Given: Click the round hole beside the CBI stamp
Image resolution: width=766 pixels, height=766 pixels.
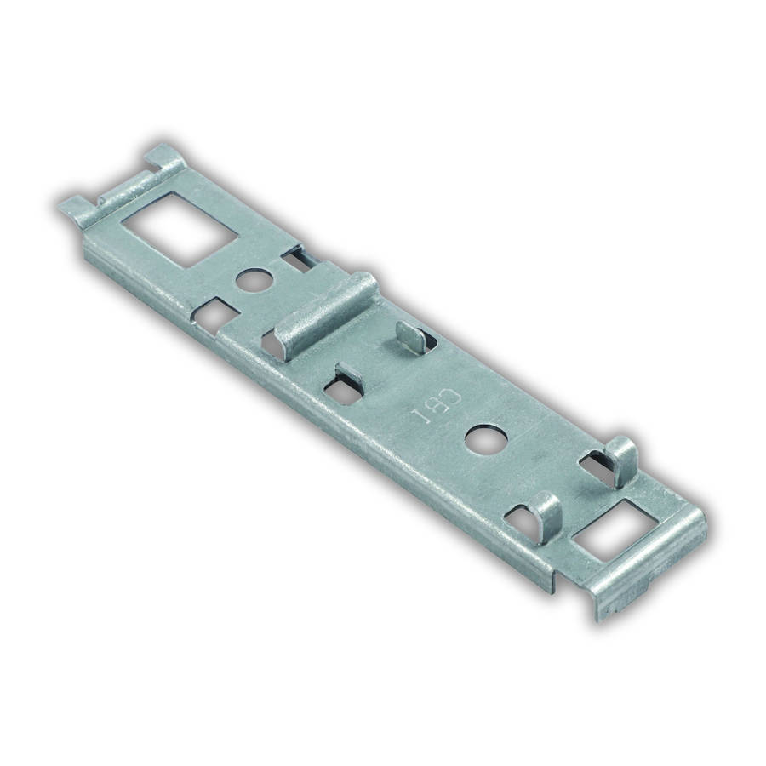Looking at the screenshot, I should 486,437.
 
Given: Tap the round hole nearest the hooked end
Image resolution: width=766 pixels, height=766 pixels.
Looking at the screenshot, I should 253,279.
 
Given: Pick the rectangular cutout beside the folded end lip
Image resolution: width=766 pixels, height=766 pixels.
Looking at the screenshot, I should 615,529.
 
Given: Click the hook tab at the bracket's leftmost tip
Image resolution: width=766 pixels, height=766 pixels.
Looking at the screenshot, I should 75,209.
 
